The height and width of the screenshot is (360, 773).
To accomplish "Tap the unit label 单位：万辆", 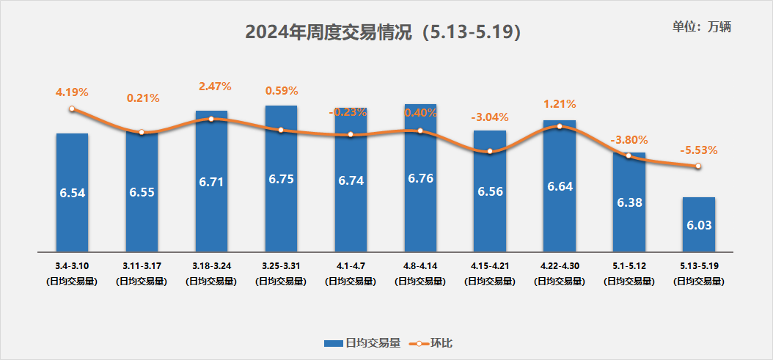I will pos(701,27).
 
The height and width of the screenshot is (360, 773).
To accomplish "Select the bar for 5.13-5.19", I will pos(698,223).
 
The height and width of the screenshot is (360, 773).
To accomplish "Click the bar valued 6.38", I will pos(629,202).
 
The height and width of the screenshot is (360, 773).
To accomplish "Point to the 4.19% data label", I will pos(72,92).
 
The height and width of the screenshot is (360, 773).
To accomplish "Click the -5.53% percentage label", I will pos(698,150).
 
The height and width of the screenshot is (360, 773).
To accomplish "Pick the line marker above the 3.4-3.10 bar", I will pos(72,109).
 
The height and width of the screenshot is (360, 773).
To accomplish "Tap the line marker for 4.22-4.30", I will pos(560,126).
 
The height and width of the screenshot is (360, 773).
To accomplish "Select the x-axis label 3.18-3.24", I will pos(211,266).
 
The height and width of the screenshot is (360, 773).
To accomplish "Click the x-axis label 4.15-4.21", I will pos(489,266).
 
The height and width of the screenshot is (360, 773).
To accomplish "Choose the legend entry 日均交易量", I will pos(363,343).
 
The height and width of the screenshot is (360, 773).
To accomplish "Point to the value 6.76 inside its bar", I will pos(420,180).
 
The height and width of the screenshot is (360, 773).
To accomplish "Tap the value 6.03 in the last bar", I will pos(698,226).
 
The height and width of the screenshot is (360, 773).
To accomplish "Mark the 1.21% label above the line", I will pos(560,104).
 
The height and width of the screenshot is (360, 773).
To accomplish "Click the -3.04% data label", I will pos(490,117).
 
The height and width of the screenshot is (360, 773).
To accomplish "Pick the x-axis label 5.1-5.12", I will pos(629,266).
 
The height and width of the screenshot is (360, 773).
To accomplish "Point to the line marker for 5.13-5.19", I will pos(698,166).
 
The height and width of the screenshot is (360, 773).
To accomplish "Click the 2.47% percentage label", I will pos(215,87).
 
